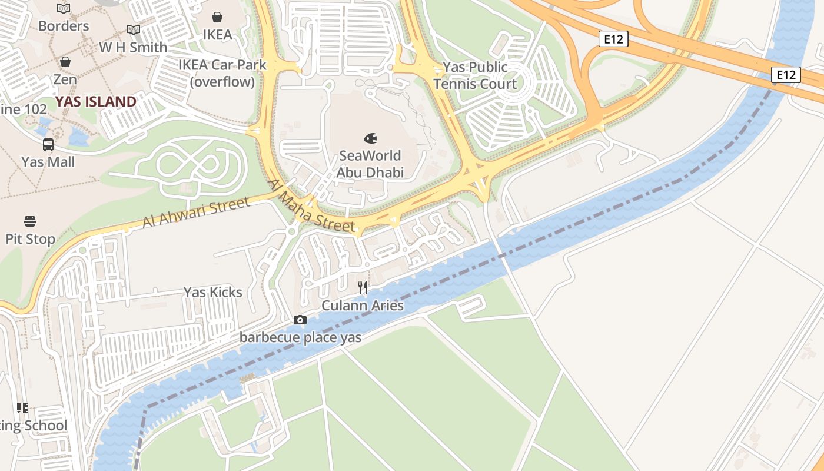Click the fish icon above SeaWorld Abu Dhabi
click(x=370, y=138)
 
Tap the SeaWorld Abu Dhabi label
click(x=370, y=164)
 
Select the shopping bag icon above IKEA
click(x=217, y=17)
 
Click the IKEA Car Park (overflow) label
click(x=222, y=74)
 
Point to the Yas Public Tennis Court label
click(x=475, y=76)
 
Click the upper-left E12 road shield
click(x=613, y=39)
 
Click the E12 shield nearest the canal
click(x=786, y=75)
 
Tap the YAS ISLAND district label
click(x=96, y=102)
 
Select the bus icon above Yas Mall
click(x=48, y=144)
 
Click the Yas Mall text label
click(x=48, y=162)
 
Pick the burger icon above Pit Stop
click(x=30, y=221)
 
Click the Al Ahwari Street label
click(x=195, y=213)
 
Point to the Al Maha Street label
click(x=311, y=205)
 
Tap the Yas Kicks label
click(x=212, y=292)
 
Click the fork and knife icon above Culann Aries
click(x=363, y=288)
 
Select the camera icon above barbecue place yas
click(x=300, y=320)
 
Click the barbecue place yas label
click(x=300, y=338)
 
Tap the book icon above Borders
click(x=64, y=8)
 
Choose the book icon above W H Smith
click(x=134, y=30)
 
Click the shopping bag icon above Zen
click(x=65, y=62)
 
